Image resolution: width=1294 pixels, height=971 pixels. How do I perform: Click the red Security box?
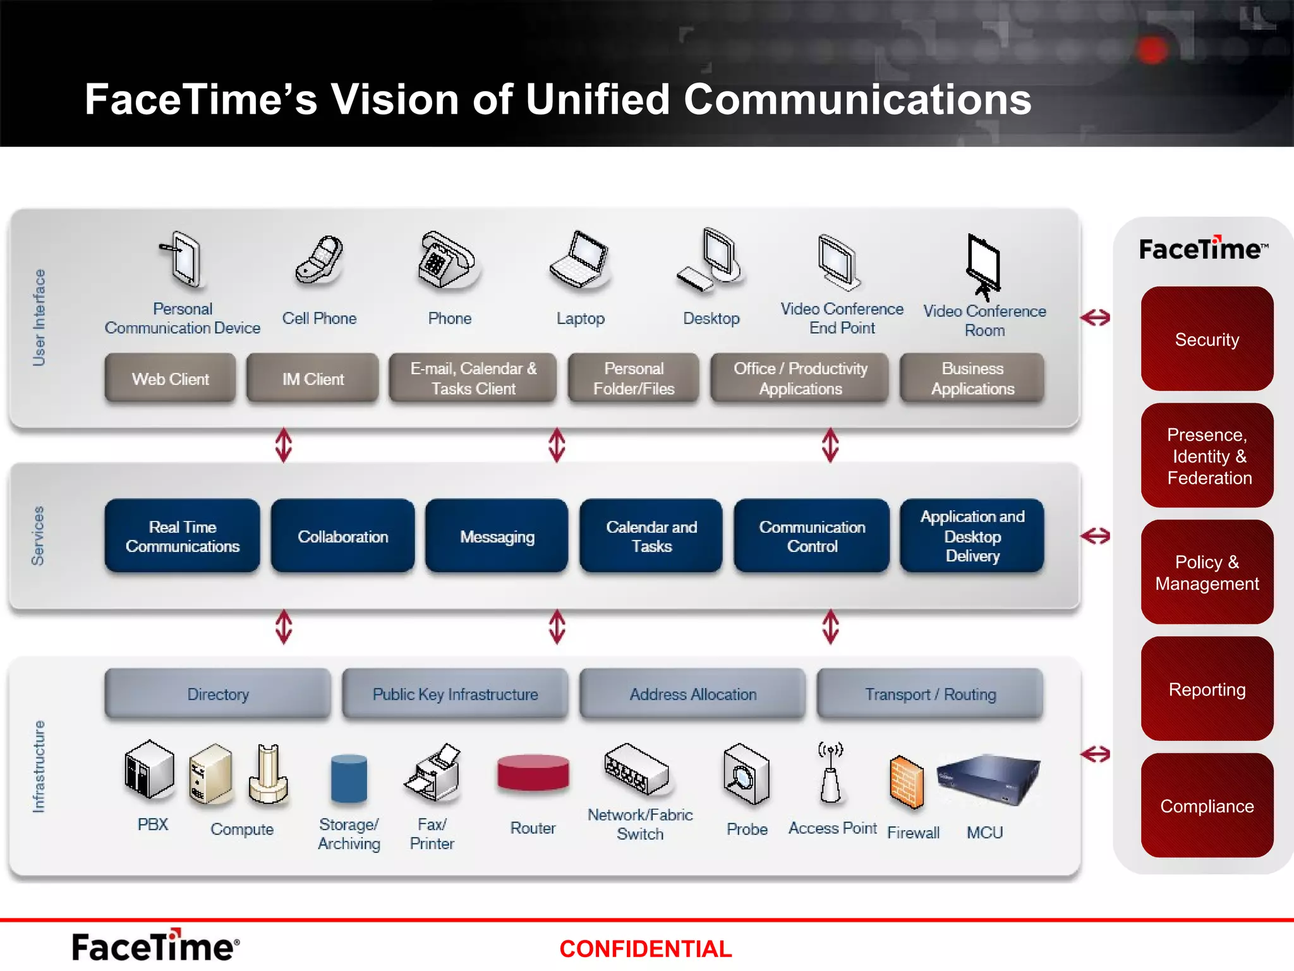1206,339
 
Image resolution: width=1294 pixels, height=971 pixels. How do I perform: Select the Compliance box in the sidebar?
1206,805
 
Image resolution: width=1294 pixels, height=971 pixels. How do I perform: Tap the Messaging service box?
497,536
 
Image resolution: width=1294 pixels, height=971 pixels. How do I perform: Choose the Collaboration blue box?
342,536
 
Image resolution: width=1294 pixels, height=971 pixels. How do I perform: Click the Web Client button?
170,379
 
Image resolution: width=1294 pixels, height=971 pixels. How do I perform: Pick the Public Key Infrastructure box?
455,693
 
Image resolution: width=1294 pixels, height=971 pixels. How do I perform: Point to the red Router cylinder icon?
533,773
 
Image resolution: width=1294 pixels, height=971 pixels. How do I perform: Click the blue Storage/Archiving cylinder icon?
349,778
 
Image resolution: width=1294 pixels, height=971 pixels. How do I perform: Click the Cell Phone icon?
320,260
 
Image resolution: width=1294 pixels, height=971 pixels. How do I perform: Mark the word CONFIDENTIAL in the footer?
645,948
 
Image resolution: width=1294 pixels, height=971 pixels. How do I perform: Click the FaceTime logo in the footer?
155,946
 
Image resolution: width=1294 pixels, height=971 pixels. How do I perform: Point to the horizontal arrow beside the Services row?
1095,536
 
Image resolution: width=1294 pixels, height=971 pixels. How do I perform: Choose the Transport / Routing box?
930,693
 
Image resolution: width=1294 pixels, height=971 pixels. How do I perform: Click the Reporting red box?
1206,689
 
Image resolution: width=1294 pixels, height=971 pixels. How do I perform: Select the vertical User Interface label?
39,317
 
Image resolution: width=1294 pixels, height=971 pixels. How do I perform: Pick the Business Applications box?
972,378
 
